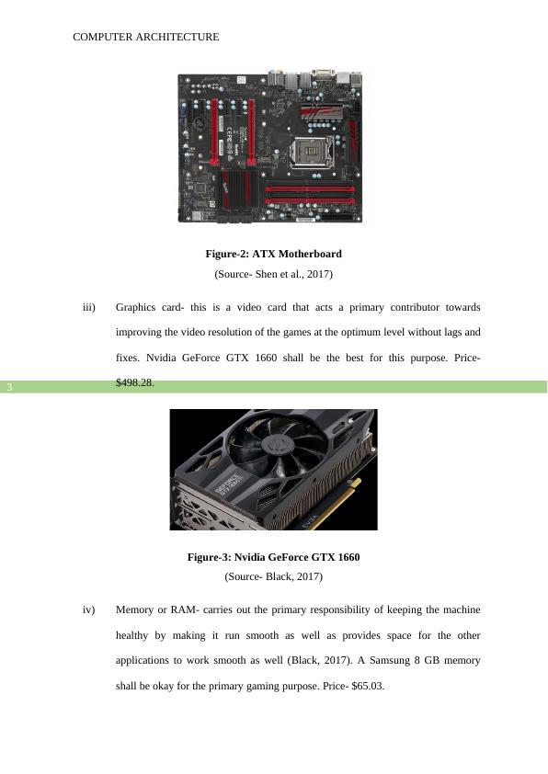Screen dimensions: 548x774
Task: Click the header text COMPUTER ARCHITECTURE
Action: pyautogui.click(x=145, y=37)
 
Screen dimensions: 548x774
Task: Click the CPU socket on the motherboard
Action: pyautogui.click(x=313, y=152)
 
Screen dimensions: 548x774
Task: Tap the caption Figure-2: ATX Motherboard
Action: pyautogui.click(x=273, y=254)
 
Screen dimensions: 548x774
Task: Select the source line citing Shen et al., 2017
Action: pyautogui.click(x=273, y=274)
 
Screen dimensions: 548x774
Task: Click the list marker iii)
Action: pyautogui.click(x=89, y=308)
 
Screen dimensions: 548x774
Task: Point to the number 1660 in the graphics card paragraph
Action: pyautogui.click(x=266, y=358)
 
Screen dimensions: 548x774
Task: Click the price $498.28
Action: pyautogui.click(x=135, y=382)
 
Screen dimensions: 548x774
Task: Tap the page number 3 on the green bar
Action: pyautogui.click(x=9, y=387)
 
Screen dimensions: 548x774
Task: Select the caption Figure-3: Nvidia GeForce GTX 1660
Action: pyautogui.click(x=273, y=557)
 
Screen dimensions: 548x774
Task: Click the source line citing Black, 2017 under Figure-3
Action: pyautogui.click(x=273, y=576)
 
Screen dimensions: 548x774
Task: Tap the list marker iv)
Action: pyautogui.click(x=89, y=610)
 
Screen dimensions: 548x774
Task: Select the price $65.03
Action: pyautogui.click(x=368, y=686)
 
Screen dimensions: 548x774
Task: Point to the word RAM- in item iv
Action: pyautogui.click(x=185, y=610)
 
